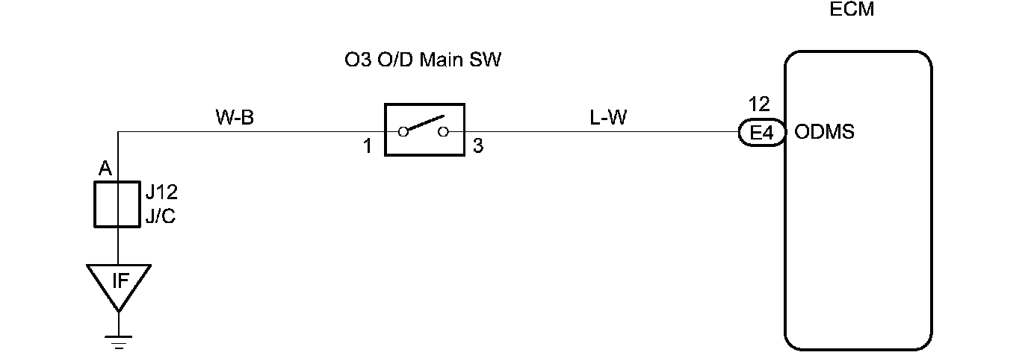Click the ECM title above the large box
coord(852,10)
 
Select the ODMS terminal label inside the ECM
coord(825,133)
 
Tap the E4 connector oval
coord(761,134)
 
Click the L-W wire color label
coord(608,117)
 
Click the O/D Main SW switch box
coord(424,130)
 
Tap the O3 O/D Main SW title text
coord(418,60)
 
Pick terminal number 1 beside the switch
coord(368,146)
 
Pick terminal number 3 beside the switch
coord(478,146)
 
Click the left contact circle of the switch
coord(403,132)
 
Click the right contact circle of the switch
coord(444,132)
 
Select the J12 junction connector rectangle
coord(117,203)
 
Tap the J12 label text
coord(161,193)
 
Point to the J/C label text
coord(161,219)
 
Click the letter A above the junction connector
coord(105,169)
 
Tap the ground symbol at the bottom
coord(118,340)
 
